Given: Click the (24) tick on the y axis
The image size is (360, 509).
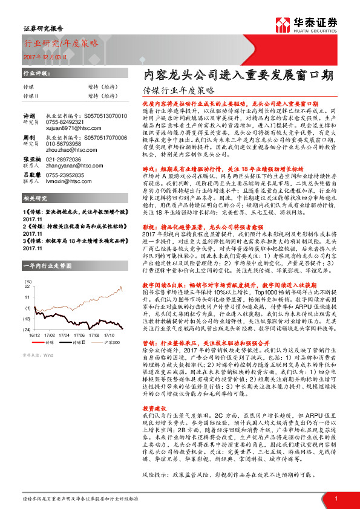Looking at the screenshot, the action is [x=27, y=329].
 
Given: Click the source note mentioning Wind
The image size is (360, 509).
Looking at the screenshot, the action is [x=36, y=355].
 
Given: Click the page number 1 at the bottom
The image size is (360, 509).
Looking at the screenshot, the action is [x=335, y=497].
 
